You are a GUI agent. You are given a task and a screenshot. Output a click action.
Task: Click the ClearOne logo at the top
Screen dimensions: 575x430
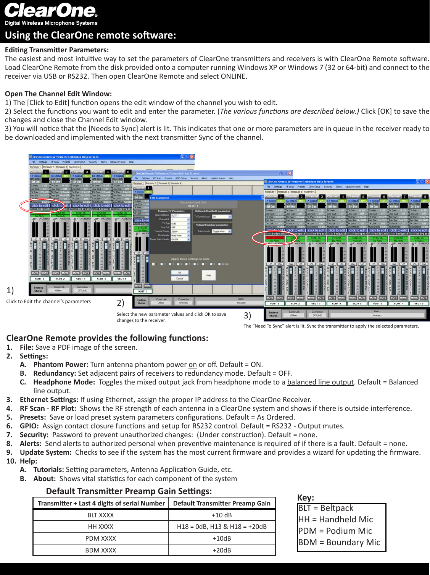(51, 11)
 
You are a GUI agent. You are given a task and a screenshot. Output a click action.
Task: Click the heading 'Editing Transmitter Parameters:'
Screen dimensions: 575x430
(57, 50)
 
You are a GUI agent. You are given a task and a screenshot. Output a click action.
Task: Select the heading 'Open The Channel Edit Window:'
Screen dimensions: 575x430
(58, 94)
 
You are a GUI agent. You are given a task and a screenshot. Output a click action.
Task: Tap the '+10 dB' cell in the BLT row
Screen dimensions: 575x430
(222, 515)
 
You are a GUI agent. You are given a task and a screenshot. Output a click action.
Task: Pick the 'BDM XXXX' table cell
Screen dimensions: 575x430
(101, 550)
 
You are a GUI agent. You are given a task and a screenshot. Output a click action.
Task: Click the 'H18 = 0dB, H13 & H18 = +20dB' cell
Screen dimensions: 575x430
(222, 527)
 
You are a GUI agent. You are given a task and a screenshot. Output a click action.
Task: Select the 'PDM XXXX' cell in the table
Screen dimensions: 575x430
(101, 538)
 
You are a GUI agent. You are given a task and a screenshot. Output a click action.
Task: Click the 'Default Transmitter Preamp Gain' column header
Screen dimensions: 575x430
(222, 503)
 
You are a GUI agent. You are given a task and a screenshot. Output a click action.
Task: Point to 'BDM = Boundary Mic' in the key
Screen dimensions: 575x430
(339, 543)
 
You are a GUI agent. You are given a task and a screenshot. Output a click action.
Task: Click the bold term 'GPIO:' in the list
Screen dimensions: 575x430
(29, 426)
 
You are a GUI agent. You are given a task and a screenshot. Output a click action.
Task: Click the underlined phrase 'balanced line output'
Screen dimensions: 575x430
(320, 382)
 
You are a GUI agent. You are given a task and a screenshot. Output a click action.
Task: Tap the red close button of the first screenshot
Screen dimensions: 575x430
(192, 157)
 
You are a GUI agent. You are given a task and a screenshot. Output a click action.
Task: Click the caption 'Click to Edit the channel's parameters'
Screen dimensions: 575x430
(48, 302)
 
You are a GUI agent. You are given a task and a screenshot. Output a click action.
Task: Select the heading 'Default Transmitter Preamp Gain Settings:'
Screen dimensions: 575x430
(129, 491)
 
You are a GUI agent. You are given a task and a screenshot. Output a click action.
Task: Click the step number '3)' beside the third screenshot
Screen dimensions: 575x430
(248, 316)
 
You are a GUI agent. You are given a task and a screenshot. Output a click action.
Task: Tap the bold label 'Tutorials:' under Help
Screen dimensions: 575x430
(48, 470)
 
